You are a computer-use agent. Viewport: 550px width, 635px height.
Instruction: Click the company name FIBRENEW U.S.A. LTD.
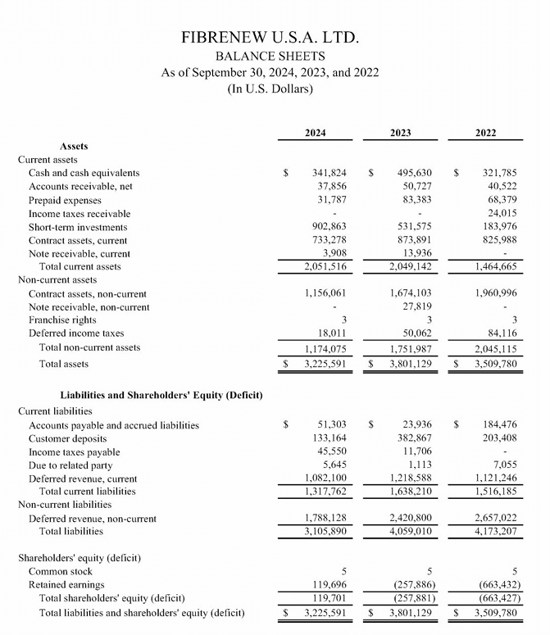pos(270,39)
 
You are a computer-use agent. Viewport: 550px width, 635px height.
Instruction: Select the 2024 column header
pos(315,133)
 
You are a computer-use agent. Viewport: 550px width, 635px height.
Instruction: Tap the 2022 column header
pos(485,133)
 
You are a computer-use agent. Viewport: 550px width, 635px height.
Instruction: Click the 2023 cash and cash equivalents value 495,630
pos(413,173)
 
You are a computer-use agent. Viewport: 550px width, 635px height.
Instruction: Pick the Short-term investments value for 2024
pos(329,227)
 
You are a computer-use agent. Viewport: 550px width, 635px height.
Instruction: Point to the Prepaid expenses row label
pos(65,200)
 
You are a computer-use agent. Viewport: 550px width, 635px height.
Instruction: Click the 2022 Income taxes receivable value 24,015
pos(500,213)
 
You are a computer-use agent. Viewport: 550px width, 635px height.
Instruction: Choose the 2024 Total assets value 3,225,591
pos(324,364)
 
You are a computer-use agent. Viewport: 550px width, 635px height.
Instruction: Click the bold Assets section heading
pos(74,146)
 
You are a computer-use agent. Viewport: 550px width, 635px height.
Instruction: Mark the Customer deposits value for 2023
pos(413,438)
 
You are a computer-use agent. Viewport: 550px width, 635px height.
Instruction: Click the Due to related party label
pos(69,465)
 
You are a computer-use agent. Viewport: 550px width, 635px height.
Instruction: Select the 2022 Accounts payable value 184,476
pos(499,424)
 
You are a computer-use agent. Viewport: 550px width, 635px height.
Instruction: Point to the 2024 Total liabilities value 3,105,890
pos(325,532)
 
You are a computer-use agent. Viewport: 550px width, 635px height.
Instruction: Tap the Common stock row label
pos(60,571)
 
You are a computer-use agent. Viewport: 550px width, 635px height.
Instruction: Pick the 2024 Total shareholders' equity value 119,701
pos(330,598)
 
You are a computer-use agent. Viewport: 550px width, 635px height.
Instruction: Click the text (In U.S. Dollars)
pos(270,88)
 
